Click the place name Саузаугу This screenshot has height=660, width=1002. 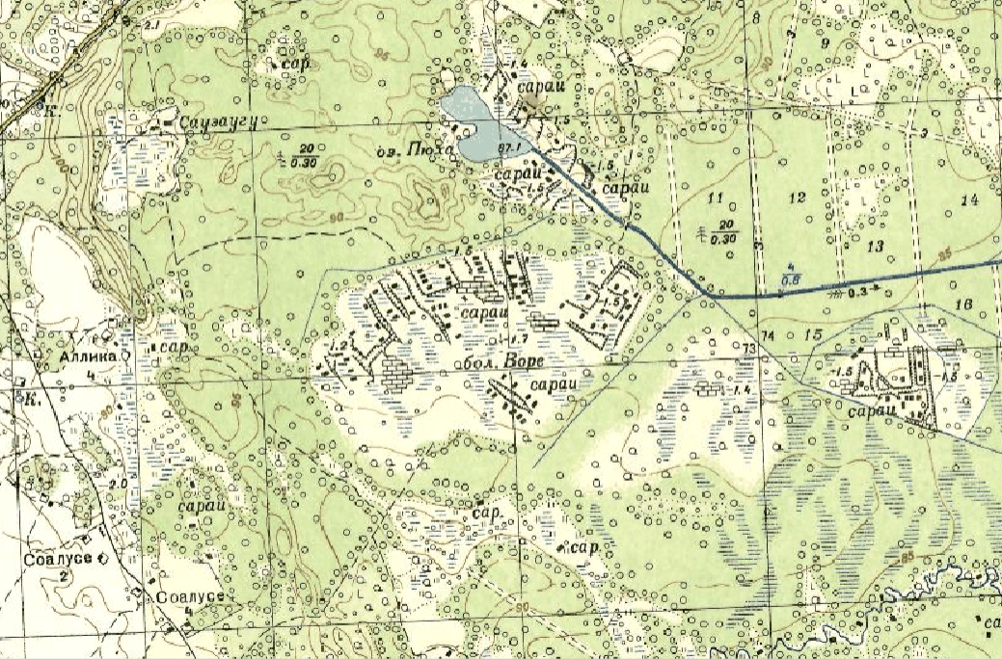tap(210, 122)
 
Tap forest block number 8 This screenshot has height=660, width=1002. tap(755, 18)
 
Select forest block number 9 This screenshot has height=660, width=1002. tap(825, 42)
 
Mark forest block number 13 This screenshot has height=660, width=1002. tap(875, 247)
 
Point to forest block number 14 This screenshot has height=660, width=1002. tap(969, 199)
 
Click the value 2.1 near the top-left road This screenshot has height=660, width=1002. tap(151, 22)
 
